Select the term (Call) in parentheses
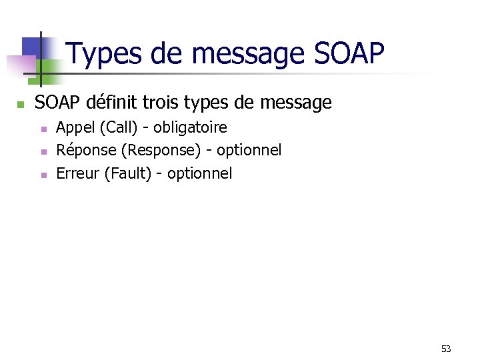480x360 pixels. [x=116, y=127]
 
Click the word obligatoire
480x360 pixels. [x=190, y=127]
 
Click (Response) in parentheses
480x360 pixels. [x=161, y=151]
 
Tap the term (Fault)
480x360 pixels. [x=129, y=174]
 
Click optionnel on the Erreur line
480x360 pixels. [x=199, y=174]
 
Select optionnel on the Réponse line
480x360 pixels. [x=249, y=151]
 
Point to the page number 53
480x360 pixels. [x=446, y=349]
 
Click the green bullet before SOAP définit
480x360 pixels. [x=21, y=105]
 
